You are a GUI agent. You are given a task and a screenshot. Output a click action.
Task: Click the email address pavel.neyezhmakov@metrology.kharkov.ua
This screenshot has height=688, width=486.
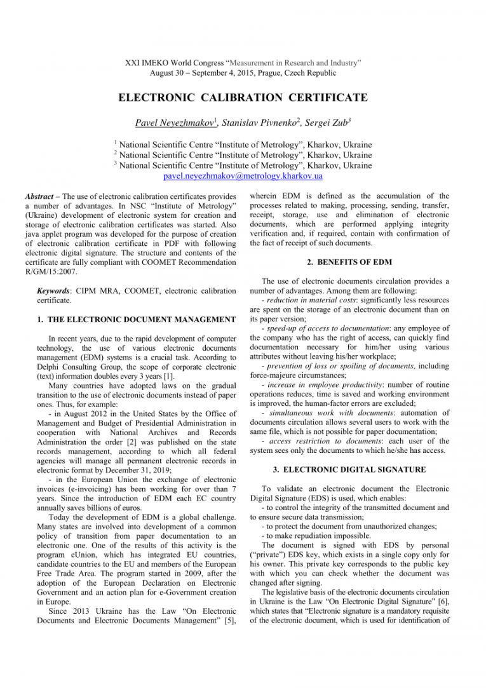[243, 176]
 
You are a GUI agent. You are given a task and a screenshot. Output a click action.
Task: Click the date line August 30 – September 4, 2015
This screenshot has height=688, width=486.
[243, 73]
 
